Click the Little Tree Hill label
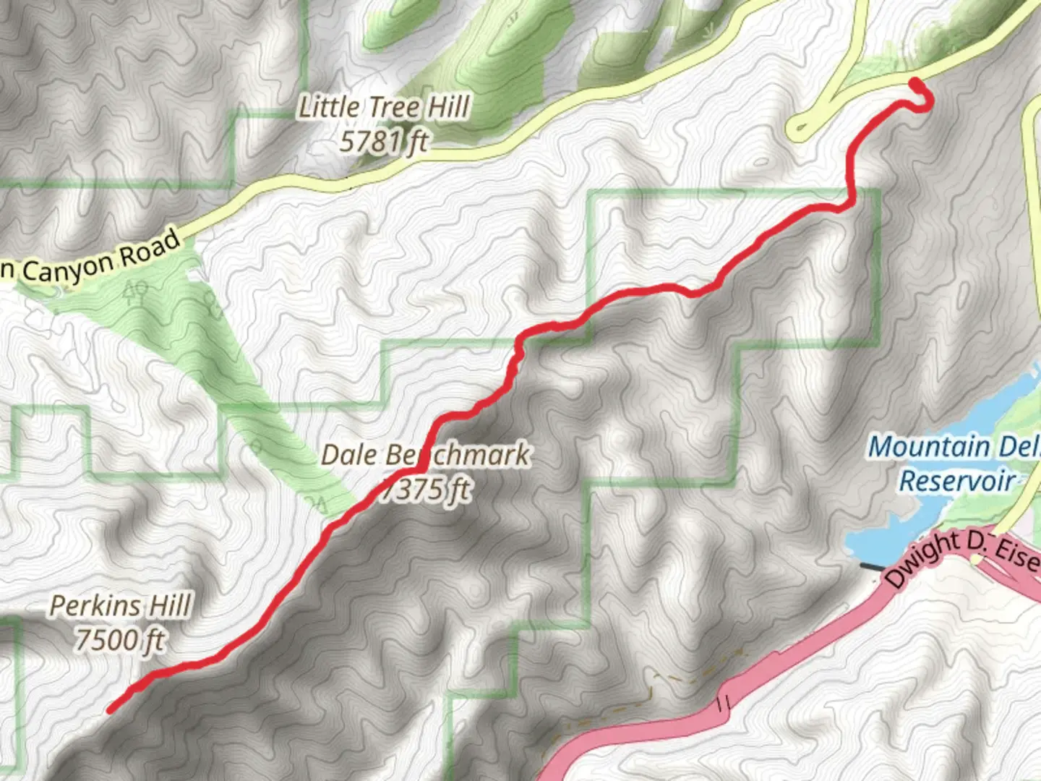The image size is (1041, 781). coord(385,108)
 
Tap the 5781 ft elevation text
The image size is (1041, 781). coord(384,141)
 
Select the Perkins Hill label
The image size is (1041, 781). coord(121,606)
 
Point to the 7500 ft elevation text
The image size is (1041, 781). coord(121,640)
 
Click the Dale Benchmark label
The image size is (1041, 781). coord(425,456)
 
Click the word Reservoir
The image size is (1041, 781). coord(956,481)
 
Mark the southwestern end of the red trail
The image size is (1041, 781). coord(111,710)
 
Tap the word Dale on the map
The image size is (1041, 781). coord(348,456)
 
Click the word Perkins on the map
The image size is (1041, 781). coord(95,606)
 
